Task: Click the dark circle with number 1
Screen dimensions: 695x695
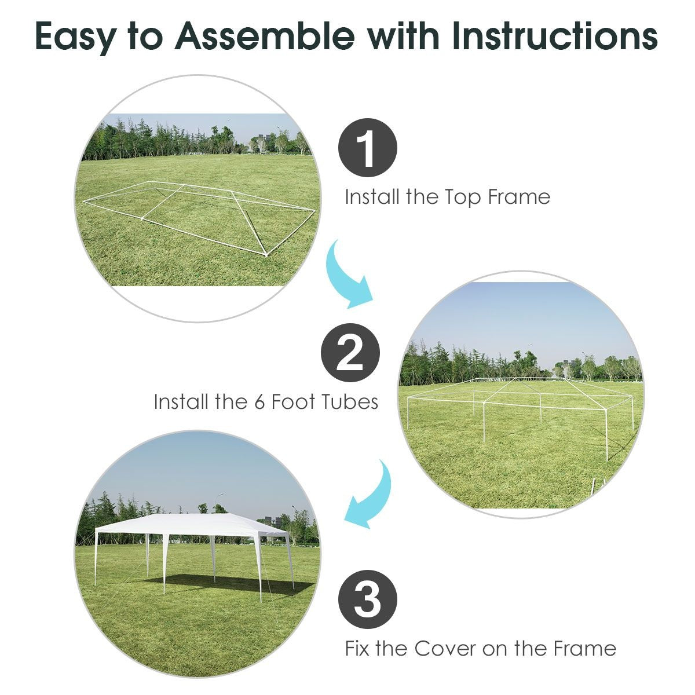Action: [367, 148]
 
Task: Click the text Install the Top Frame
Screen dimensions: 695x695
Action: [447, 197]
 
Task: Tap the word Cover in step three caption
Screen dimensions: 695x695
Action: [445, 648]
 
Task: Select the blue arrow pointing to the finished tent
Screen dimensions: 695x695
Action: [371, 495]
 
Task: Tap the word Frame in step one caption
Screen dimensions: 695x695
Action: [518, 197]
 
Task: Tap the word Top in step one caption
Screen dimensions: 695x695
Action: [463, 197]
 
